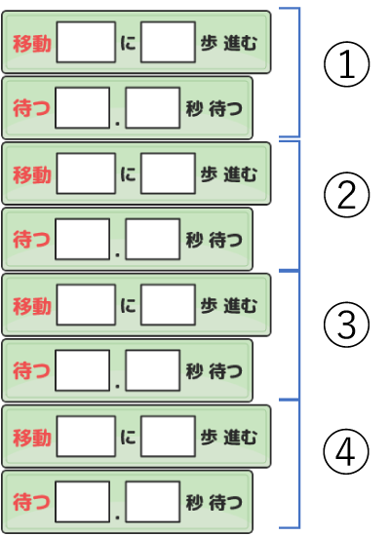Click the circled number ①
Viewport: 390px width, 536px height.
[346, 64]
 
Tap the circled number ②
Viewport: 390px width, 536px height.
[346, 195]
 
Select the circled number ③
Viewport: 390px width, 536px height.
[346, 325]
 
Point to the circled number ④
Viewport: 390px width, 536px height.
[346, 451]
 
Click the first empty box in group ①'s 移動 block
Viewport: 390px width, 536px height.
[86, 42]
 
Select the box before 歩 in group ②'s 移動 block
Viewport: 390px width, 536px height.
[168, 173]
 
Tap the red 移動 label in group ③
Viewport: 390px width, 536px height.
[32, 306]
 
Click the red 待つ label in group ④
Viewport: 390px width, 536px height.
[31, 502]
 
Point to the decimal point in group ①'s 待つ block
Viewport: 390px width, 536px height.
[117, 124]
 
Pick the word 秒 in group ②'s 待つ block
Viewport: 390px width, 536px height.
[195, 240]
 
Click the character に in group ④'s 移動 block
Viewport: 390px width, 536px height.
[128, 437]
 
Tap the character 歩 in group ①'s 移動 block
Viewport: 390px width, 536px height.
[209, 43]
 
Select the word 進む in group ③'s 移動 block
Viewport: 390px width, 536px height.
[240, 305]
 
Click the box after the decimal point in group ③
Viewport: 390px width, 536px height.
[152, 370]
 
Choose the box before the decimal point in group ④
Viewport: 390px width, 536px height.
[83, 502]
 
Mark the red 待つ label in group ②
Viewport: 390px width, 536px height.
[31, 240]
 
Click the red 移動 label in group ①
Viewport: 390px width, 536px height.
[32, 44]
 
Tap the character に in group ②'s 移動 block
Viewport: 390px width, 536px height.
[128, 174]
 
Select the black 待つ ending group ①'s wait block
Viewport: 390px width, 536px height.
[226, 108]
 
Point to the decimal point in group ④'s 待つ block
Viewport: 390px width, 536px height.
[117, 517]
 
